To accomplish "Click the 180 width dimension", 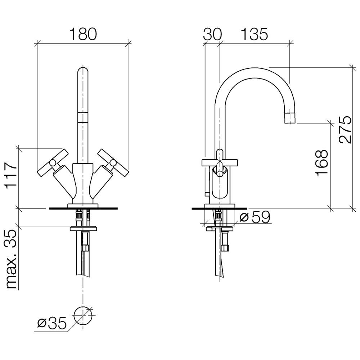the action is tap(83, 34).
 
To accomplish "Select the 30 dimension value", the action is tap(212, 34).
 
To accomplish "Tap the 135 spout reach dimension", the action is tap(254, 34).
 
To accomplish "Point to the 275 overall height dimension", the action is tap(345, 129).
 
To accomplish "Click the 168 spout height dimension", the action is tap(322, 163).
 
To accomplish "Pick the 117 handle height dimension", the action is tap(11, 176).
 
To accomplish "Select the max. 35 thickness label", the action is tap(11, 260).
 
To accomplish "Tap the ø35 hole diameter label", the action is tap(52, 323).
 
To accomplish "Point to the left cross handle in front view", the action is tap(53, 163).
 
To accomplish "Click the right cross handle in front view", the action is tap(113, 163).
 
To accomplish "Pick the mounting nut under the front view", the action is tap(83, 229).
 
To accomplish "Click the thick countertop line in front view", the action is tap(84, 208).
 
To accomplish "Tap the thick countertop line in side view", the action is tap(219, 208).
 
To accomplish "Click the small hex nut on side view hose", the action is tap(225, 248).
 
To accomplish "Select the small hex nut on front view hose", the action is tap(86, 248).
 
